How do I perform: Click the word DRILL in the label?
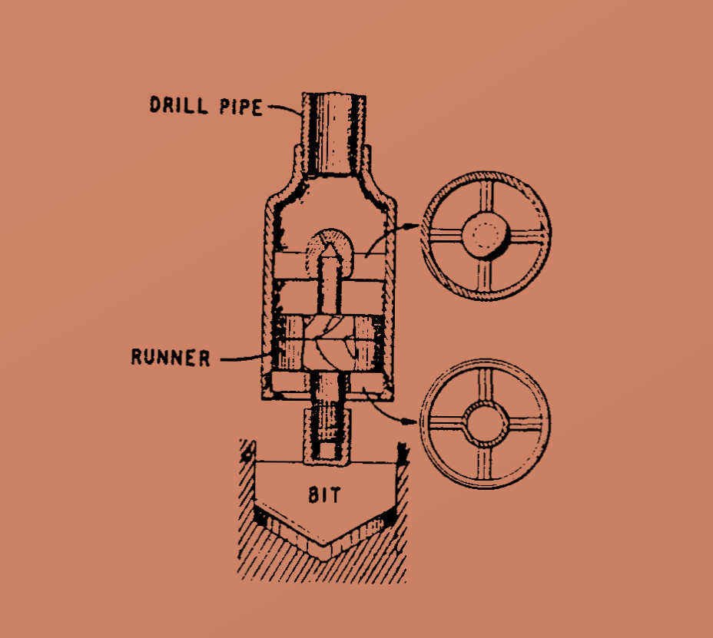pos(179,105)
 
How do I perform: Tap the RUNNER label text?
pos(171,357)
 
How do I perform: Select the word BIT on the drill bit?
pos(324,495)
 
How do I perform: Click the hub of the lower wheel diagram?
pos(486,424)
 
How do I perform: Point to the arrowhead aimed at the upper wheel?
pos(412,226)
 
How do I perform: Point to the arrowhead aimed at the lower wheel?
pos(410,421)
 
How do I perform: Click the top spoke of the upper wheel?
pos(486,197)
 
